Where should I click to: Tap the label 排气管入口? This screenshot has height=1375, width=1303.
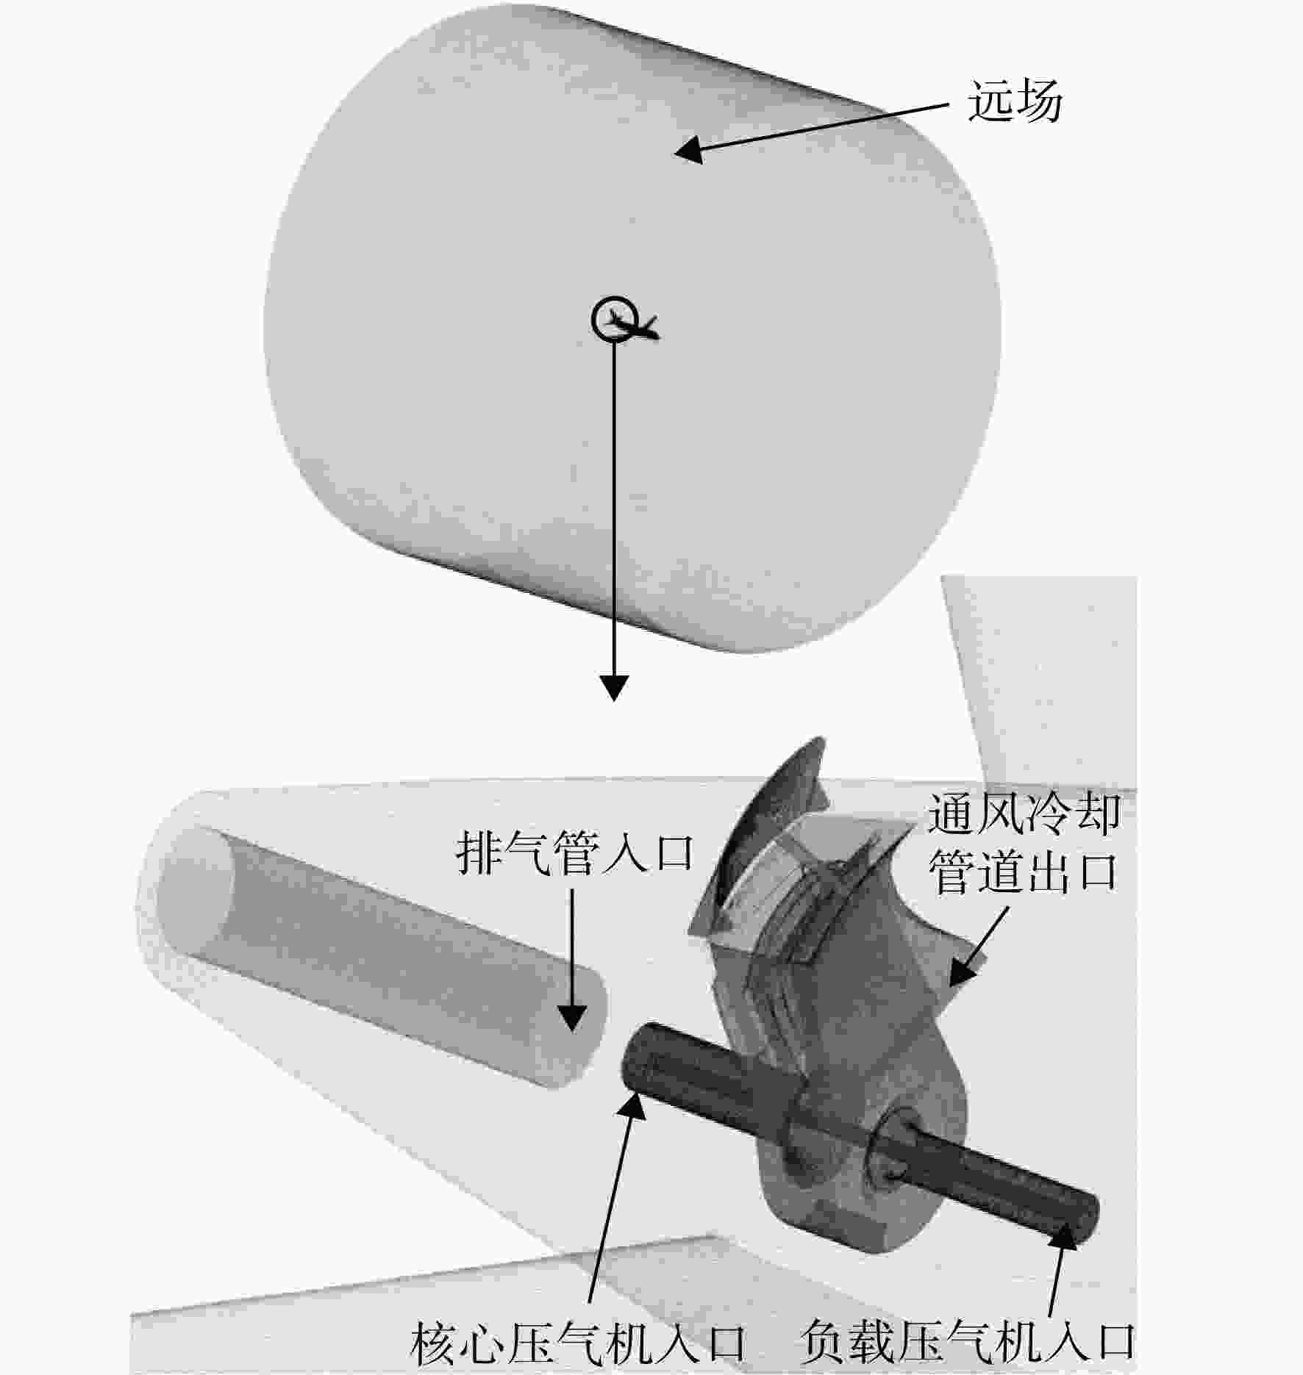[574, 853]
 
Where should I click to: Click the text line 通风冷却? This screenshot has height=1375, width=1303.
[1024, 814]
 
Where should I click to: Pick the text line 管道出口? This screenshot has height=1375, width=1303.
[1024, 872]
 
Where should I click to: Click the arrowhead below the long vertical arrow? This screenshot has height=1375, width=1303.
[614, 687]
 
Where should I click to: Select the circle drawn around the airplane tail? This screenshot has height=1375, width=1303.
[613, 318]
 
